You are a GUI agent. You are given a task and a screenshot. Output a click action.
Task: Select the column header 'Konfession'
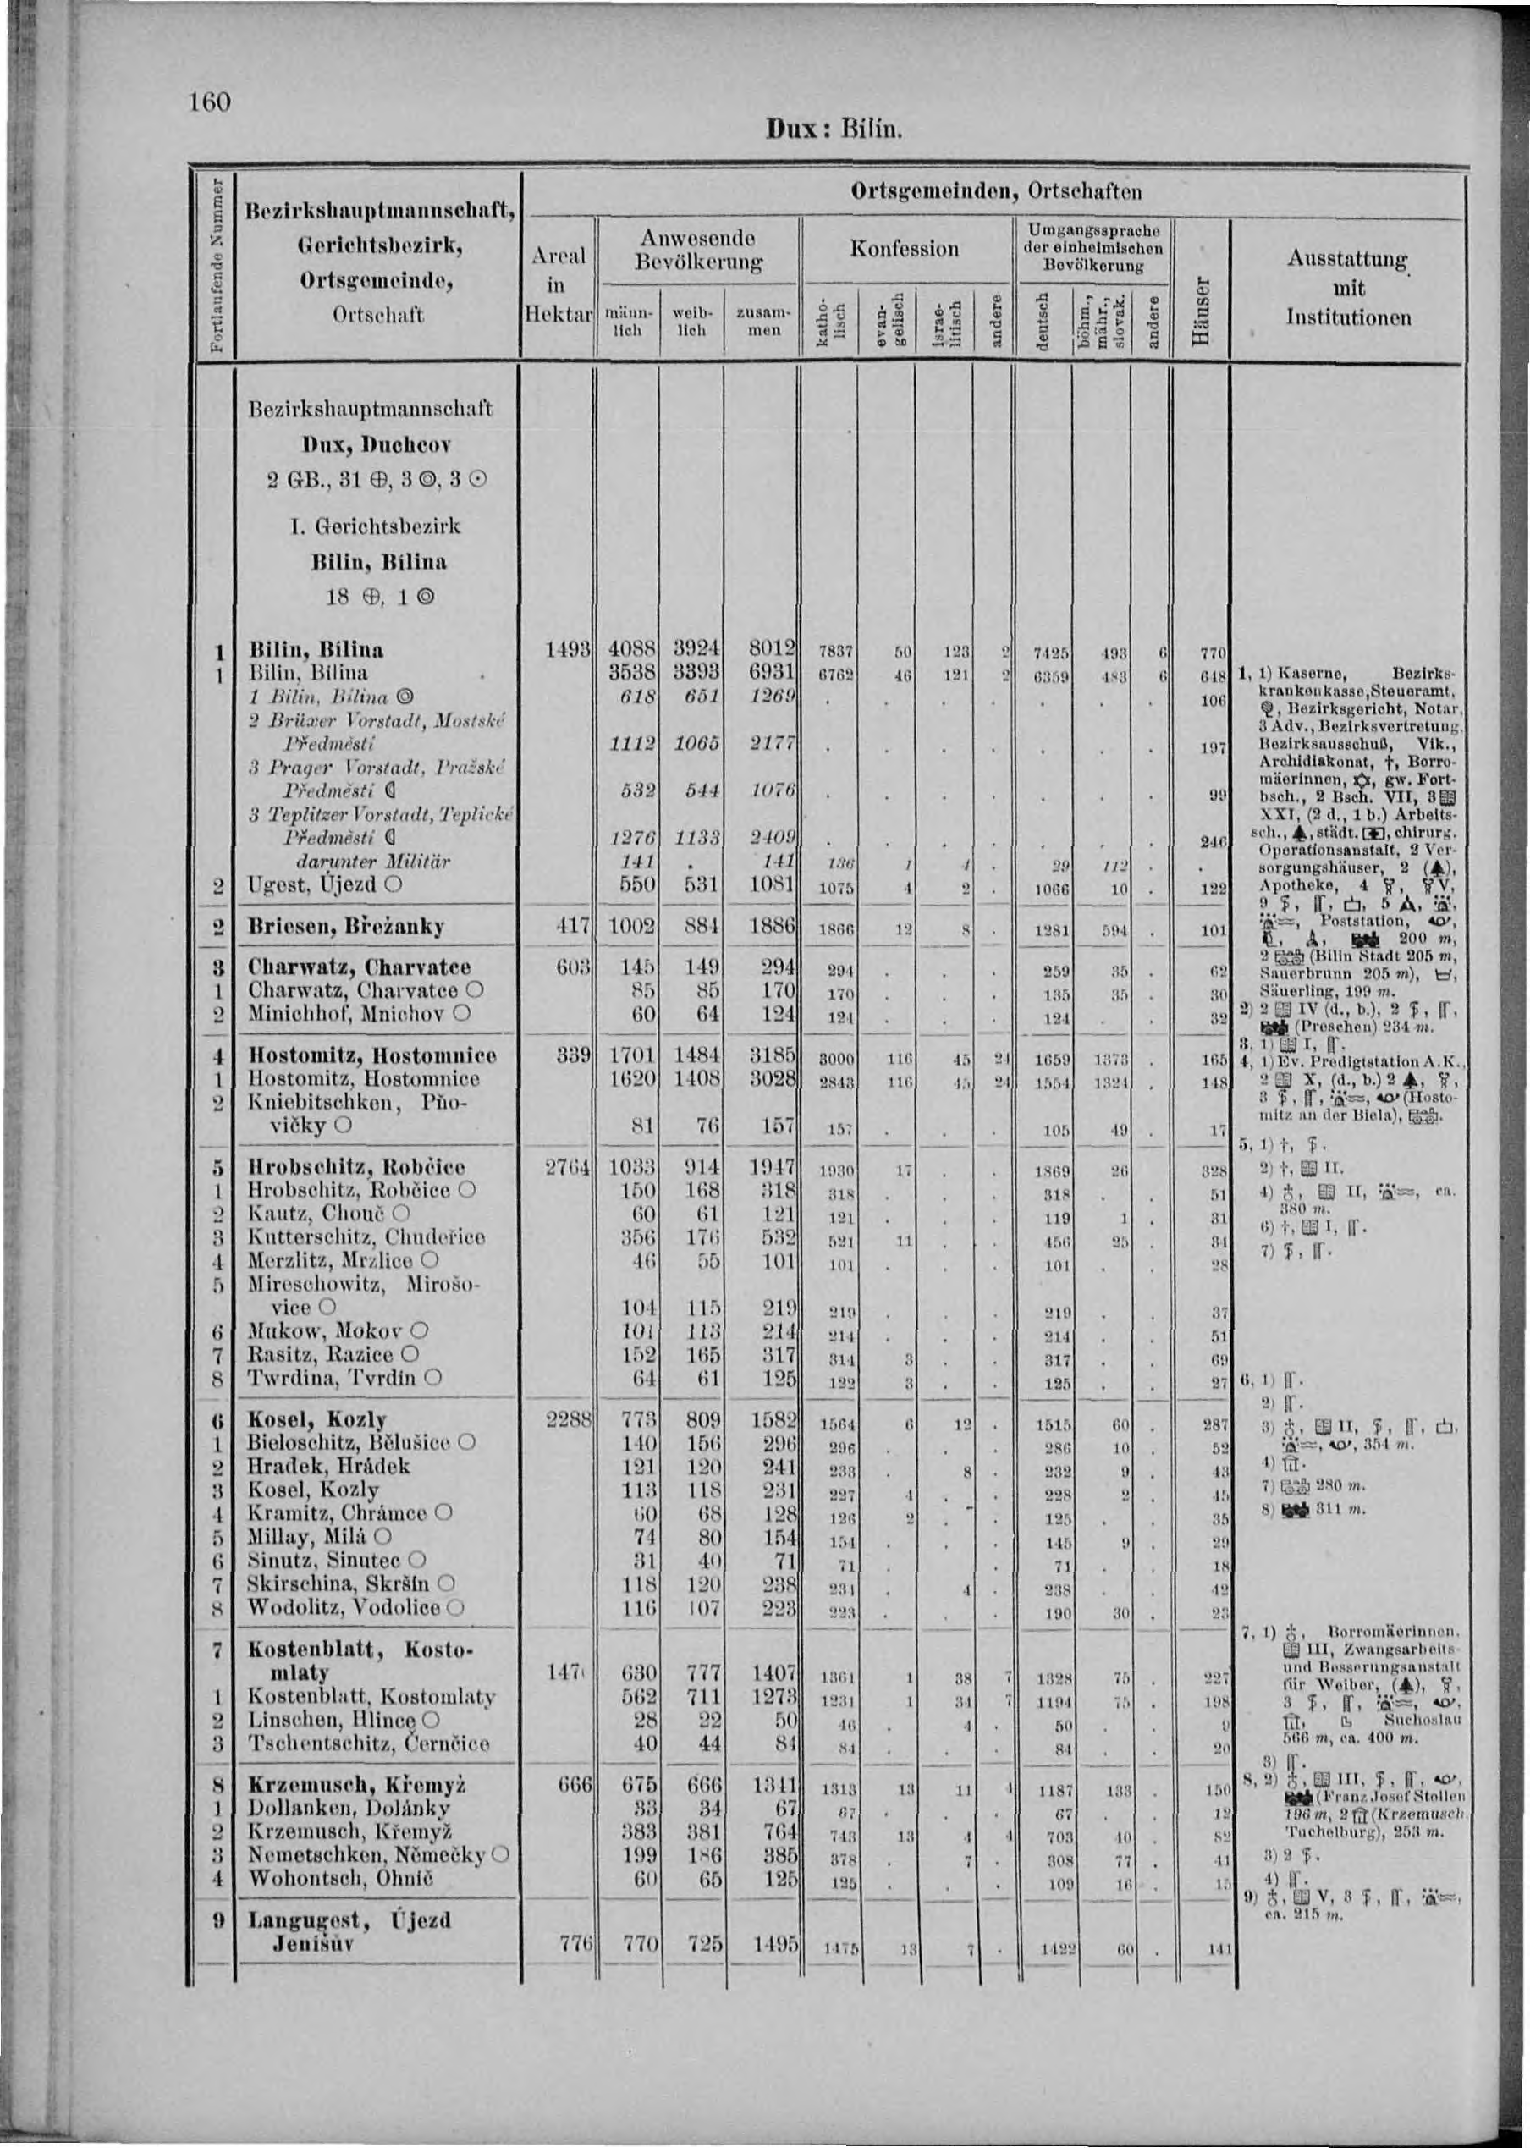tap(904, 249)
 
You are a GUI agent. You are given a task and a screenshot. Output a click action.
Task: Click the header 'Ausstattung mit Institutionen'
tap(1348, 288)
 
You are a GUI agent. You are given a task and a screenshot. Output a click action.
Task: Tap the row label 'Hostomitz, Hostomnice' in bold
tap(371, 1056)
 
